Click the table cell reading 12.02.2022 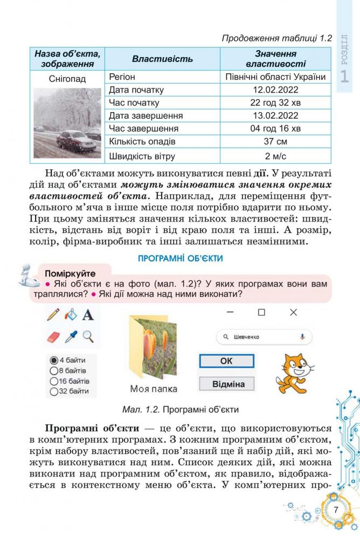[275, 90]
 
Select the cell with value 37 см [275, 142]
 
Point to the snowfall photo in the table [67, 123]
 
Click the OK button [226, 361]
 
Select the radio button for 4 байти [54, 360]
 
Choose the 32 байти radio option [54, 391]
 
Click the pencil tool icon [53, 314]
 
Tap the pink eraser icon [53, 337]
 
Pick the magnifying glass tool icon [88, 337]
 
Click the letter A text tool [88, 314]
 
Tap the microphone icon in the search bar [302, 337]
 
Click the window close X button [293, 312]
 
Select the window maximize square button [261, 312]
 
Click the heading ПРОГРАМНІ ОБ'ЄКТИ [181, 259]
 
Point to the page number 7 [335, 510]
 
